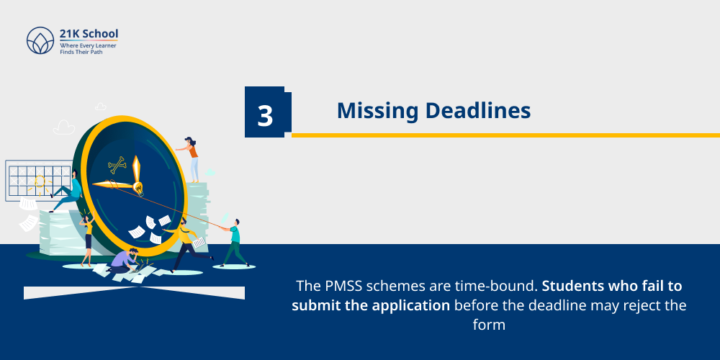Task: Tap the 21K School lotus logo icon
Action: point(40,41)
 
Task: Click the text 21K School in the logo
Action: point(89,34)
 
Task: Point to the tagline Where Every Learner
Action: point(88,45)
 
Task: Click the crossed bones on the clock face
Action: point(117,166)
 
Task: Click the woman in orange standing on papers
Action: point(192,158)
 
